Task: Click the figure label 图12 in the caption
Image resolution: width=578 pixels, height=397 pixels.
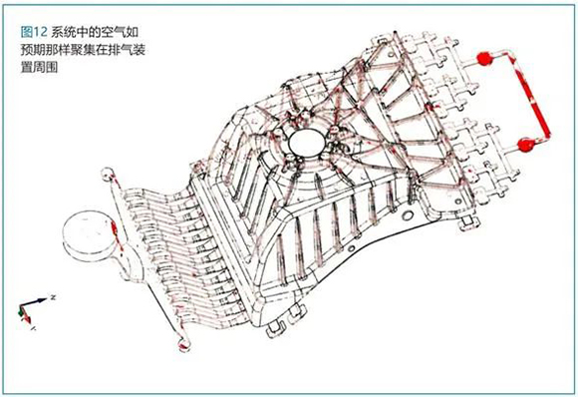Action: pos(34,32)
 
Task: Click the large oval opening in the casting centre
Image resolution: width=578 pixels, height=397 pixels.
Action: pos(307,144)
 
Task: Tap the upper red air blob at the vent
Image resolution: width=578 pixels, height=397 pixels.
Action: pos(484,59)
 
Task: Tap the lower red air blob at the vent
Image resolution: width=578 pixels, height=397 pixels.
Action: pos(525,145)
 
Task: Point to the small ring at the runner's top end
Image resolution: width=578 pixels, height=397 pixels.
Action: pos(108,175)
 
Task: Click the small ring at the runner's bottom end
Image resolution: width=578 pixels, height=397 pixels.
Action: pos(183,344)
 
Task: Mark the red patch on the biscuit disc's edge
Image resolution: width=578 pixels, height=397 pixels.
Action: pos(115,230)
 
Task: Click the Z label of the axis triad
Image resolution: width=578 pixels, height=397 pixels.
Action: pos(53,297)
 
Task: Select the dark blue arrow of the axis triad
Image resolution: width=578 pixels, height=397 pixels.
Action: pos(36,302)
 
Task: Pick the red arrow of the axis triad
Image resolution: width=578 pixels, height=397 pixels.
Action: pos(26,315)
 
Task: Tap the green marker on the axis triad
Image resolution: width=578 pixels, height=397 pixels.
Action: pos(20,312)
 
